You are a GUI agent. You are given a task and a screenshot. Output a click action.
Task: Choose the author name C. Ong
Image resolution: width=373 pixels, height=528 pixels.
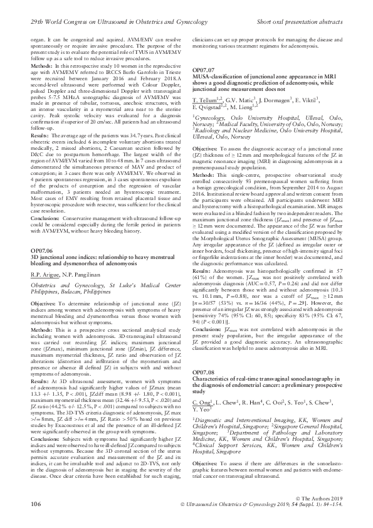pyautogui.click(x=201, y=383)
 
